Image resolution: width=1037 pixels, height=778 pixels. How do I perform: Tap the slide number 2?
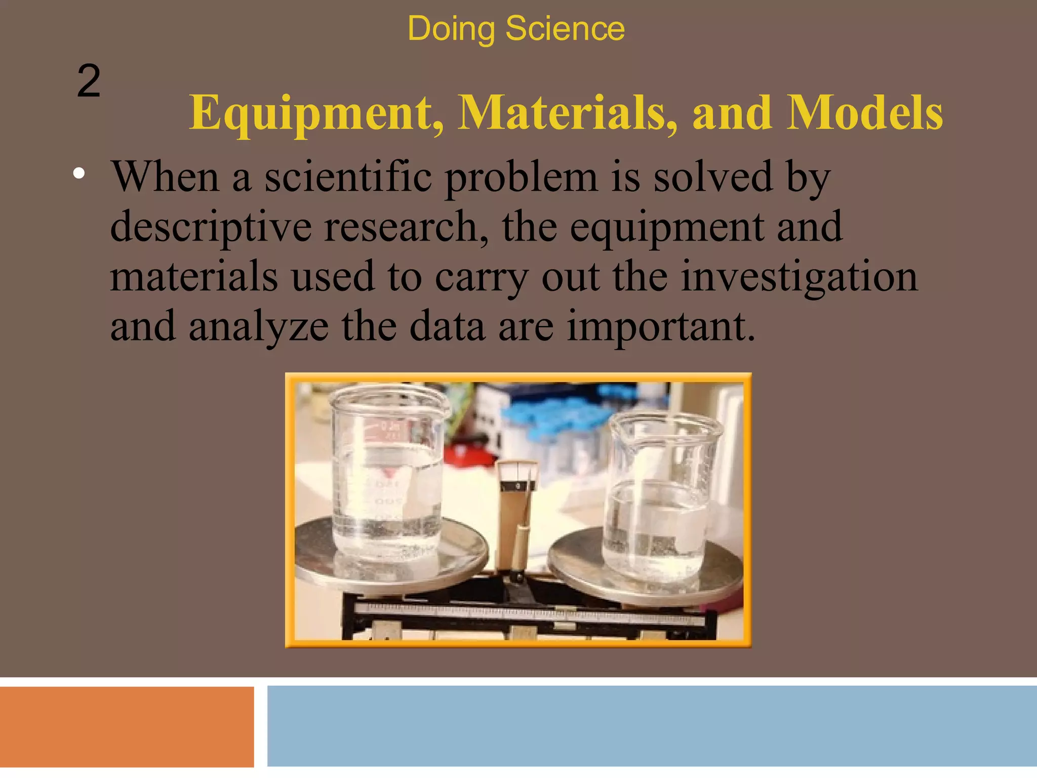[89, 81]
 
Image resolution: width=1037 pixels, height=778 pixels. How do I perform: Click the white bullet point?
[78, 174]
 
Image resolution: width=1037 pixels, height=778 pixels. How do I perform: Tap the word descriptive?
[211, 227]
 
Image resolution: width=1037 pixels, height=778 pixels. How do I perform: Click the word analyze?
[259, 326]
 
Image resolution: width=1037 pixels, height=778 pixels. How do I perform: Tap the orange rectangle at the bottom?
[127, 727]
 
